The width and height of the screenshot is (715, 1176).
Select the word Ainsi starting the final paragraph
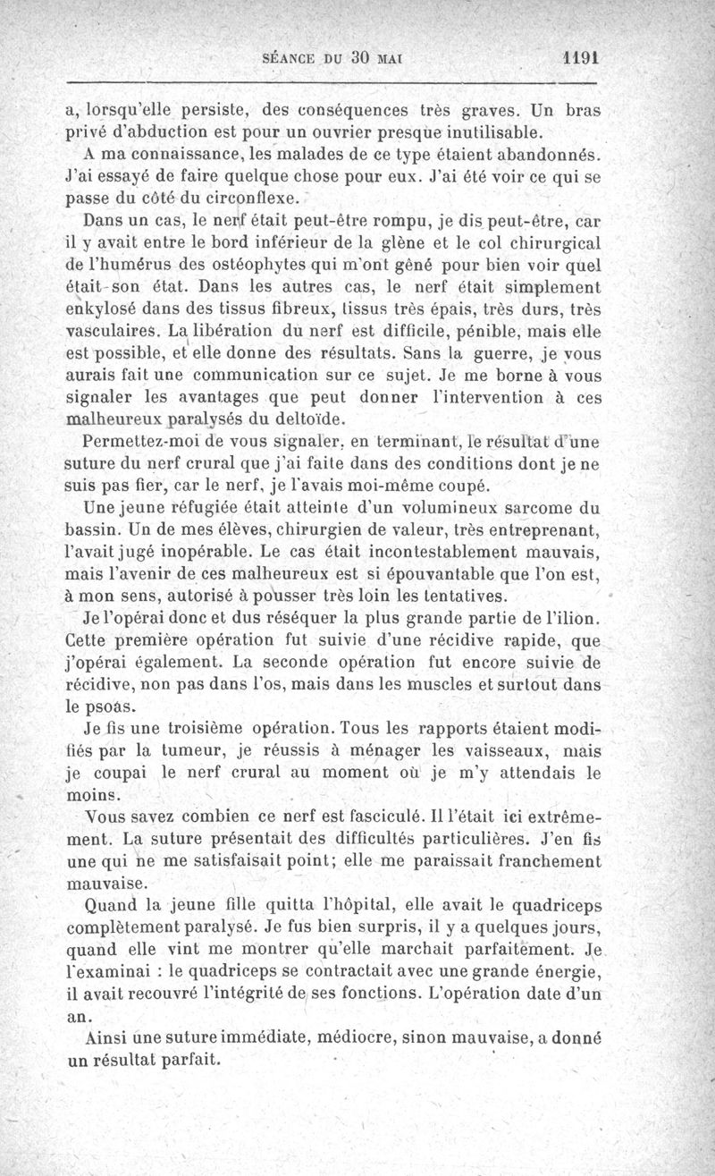click(104, 1039)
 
